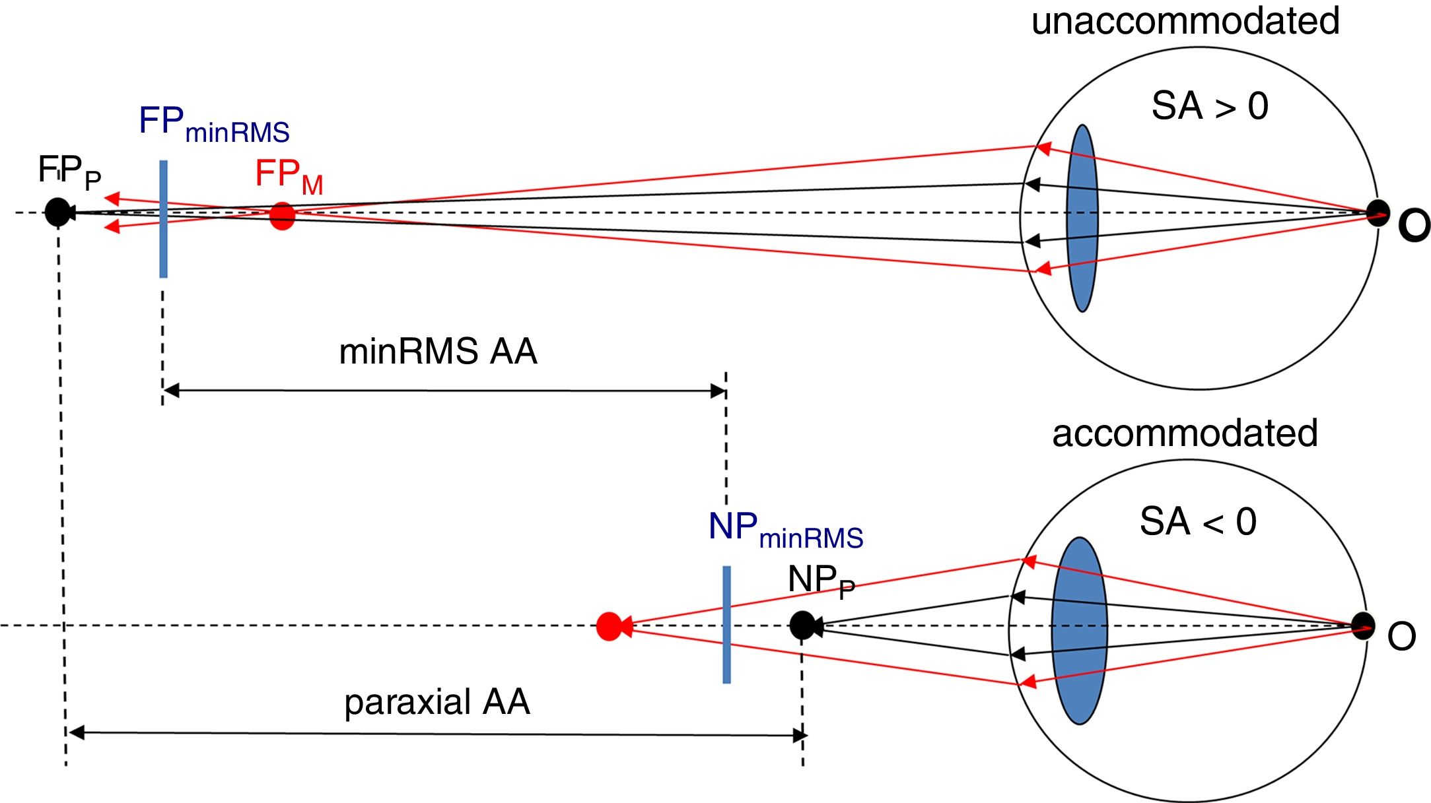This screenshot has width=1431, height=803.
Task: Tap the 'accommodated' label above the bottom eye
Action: [1185, 433]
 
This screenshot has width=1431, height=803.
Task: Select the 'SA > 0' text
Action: [1210, 106]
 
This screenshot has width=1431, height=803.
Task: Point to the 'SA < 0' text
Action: [1198, 521]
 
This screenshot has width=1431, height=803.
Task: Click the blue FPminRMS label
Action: [214, 124]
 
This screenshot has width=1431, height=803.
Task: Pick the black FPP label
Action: [69, 172]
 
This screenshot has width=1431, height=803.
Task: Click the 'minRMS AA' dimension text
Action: [438, 351]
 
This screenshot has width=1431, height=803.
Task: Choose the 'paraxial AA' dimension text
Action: [437, 701]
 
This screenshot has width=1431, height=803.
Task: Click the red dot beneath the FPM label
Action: [282, 216]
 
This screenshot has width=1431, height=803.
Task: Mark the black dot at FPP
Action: [57, 212]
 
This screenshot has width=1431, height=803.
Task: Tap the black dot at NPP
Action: [802, 625]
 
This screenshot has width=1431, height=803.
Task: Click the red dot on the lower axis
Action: [609, 626]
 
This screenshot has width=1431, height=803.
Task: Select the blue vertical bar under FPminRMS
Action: [163, 219]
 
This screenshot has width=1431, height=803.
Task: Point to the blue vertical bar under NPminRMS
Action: [726, 624]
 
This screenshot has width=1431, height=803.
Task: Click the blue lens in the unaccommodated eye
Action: [1082, 218]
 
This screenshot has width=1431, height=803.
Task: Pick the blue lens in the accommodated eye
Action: [1080, 631]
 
